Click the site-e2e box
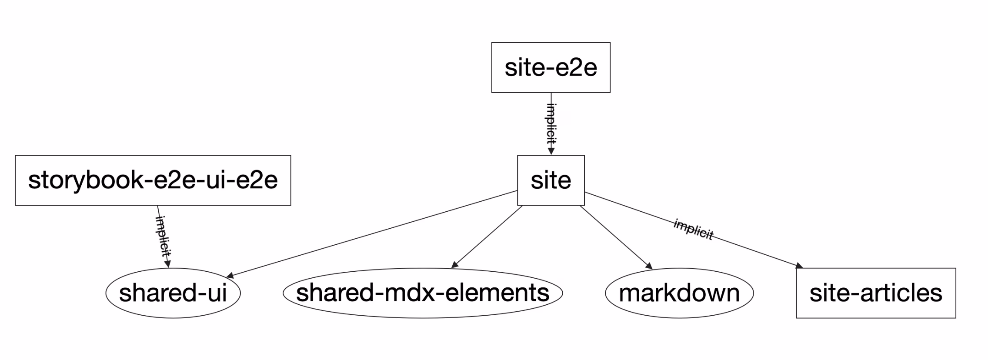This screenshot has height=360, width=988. point(551,67)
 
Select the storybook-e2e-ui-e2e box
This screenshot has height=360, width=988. point(153,180)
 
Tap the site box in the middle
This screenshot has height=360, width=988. point(551,180)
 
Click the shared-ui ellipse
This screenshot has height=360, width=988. point(173,293)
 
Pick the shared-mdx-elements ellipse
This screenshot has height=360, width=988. point(422,293)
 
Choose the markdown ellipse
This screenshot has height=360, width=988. point(679,293)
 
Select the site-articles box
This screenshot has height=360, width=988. point(875,293)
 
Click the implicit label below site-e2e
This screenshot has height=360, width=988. point(551,124)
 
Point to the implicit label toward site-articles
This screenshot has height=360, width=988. point(693,229)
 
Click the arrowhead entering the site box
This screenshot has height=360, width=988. point(551,151)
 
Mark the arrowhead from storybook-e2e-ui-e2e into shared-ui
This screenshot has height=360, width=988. point(168,264)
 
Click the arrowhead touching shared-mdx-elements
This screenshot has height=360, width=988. point(455,265)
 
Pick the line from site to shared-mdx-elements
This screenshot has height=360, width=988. point(487,237)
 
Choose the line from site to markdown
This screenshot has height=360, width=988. point(615,237)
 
